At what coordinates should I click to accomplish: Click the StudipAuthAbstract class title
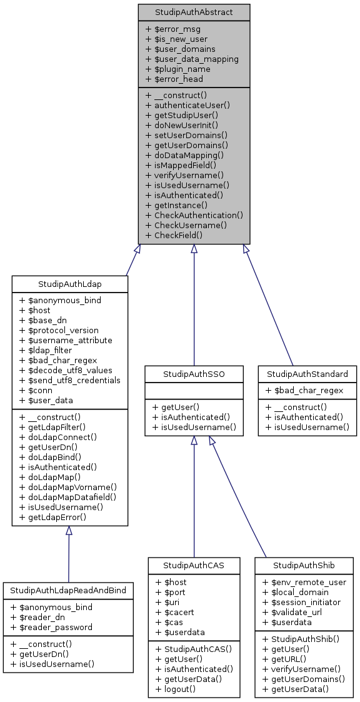(194, 12)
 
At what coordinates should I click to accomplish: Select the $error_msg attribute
(172, 29)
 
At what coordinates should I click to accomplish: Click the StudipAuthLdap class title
(70, 284)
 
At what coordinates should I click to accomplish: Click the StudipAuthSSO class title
(194, 374)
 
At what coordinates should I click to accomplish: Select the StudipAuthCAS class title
(194, 565)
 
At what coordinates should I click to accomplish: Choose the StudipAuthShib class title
(304, 565)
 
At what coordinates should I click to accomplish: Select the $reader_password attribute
(56, 627)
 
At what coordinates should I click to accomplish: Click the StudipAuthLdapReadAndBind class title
(68, 590)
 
